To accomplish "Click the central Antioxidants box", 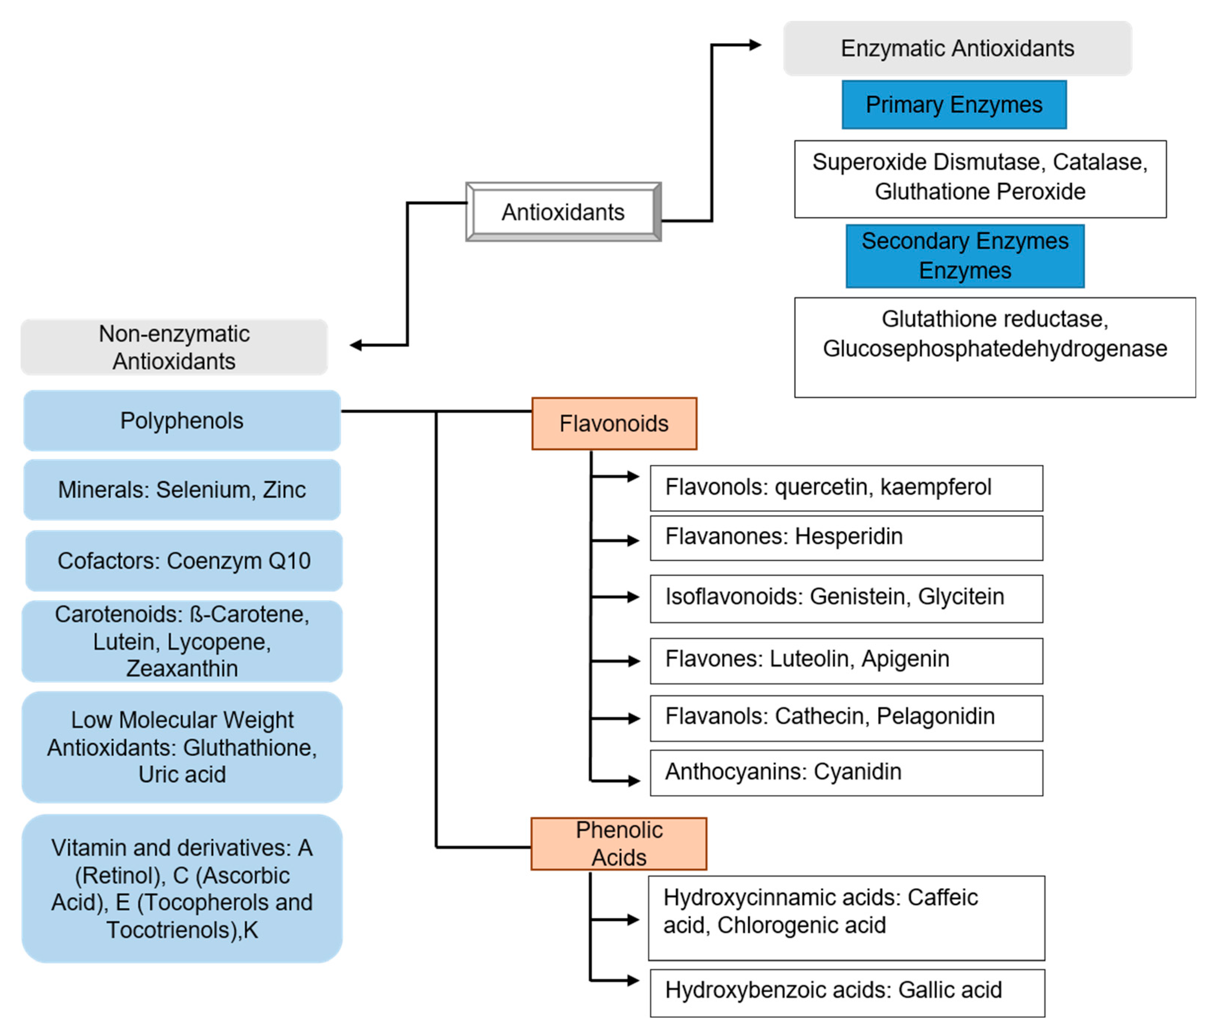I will tap(563, 212).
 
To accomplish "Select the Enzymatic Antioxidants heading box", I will tap(957, 48).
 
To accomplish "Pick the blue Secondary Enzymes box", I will tap(965, 256).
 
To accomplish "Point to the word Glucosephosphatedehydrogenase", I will tap(994, 349).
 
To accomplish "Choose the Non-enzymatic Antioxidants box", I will tap(174, 347).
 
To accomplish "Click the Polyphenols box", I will tap(182, 420).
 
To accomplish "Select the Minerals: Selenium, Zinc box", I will tap(182, 489).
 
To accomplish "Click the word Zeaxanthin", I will tap(182, 668).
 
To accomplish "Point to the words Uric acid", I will tap(182, 774).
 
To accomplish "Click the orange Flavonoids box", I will tap(614, 423).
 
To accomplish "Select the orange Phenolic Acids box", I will tap(619, 844).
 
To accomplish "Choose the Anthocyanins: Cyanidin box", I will tap(846, 773).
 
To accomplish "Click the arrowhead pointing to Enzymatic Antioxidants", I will tap(755, 45).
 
